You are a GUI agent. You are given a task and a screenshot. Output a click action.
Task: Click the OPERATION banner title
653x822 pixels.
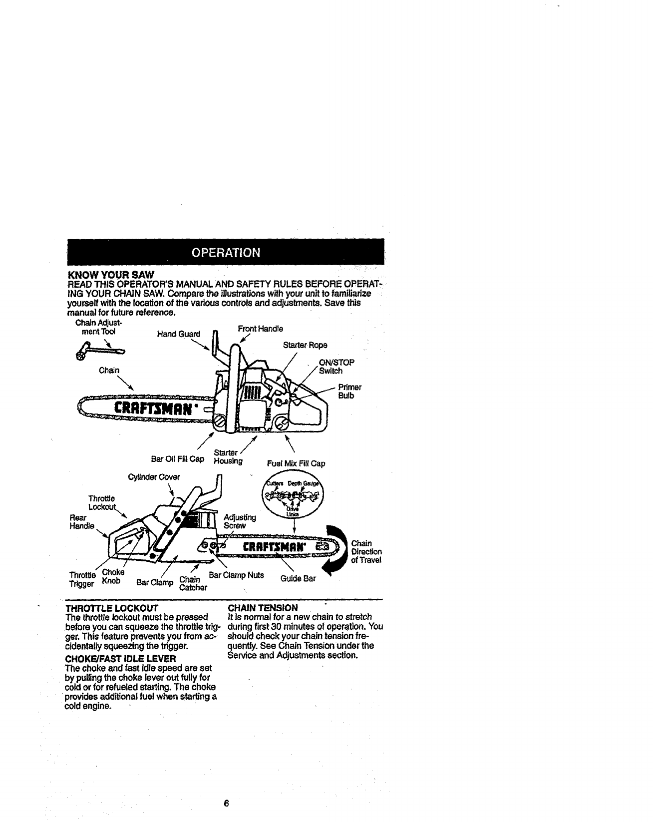pos(226,252)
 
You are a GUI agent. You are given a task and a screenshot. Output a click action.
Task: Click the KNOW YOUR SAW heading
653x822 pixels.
pos(111,275)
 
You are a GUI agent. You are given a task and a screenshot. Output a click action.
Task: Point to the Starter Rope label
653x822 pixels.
pos(305,345)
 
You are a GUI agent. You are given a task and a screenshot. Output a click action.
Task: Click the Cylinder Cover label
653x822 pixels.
pos(154,476)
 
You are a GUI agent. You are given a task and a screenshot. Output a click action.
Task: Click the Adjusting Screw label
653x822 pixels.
pos(240,521)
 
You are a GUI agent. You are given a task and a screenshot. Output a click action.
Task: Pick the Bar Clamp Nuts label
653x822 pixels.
pos(236,575)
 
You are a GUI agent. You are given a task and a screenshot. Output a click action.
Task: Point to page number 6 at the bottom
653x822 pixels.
pos(226,804)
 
